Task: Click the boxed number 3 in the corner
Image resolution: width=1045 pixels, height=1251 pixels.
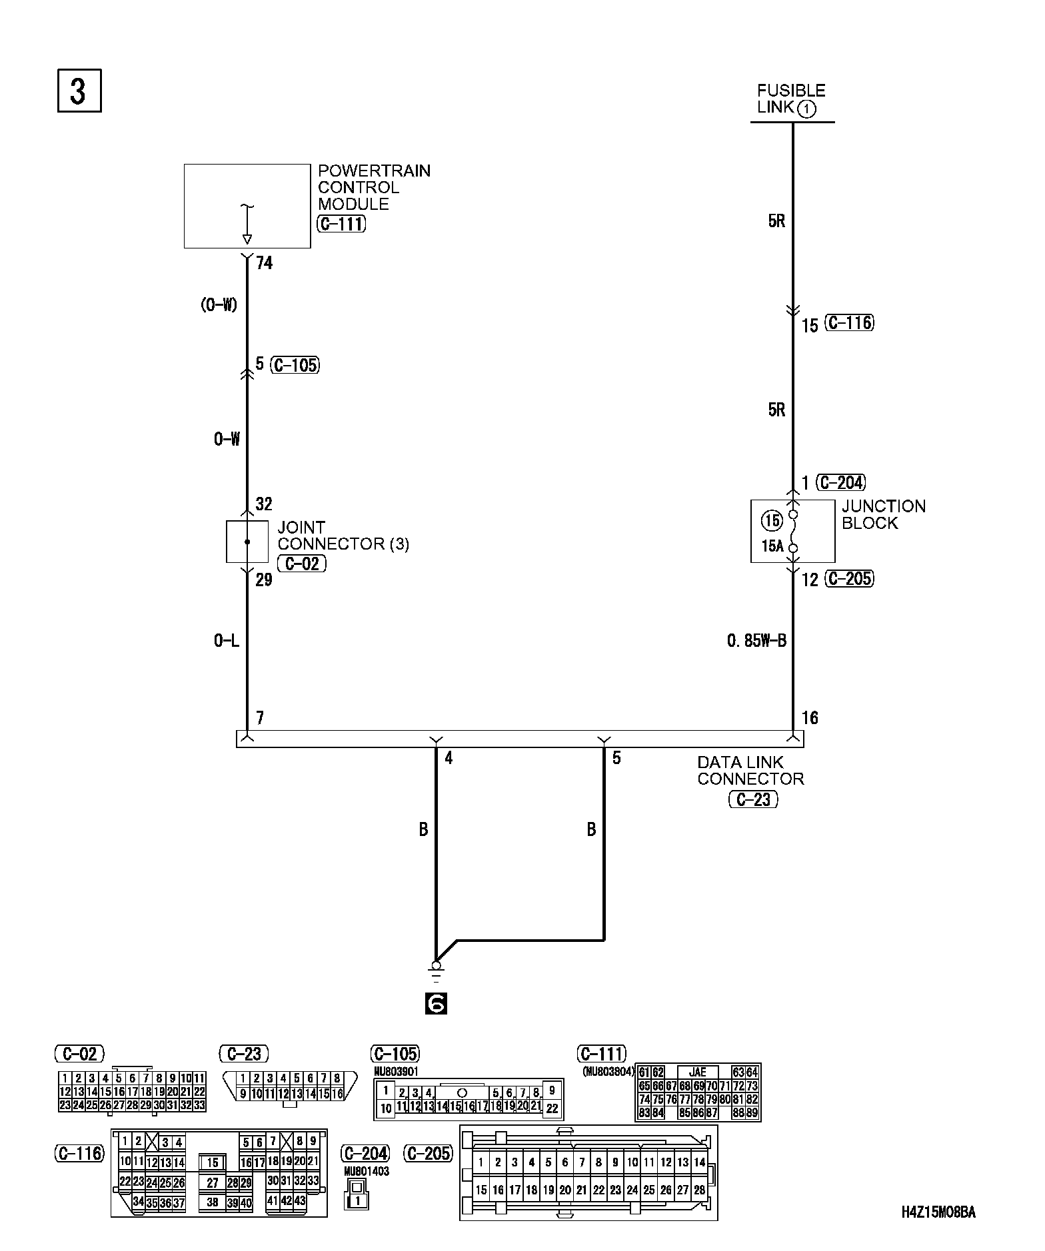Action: click(x=79, y=91)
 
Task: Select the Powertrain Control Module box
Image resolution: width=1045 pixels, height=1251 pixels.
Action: click(x=247, y=207)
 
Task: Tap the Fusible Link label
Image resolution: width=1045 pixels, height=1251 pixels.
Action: click(x=791, y=99)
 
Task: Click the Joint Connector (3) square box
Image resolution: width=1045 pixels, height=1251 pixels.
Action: click(x=247, y=542)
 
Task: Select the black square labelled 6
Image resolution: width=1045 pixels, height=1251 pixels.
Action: click(x=436, y=1003)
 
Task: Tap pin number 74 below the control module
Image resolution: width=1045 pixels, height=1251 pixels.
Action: click(x=265, y=264)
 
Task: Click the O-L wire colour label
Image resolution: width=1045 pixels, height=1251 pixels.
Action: click(x=227, y=641)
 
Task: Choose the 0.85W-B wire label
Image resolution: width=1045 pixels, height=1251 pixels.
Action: click(x=756, y=641)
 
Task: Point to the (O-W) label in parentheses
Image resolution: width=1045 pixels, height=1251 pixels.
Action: click(x=219, y=305)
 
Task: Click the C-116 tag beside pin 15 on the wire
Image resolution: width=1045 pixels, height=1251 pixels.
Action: click(x=849, y=323)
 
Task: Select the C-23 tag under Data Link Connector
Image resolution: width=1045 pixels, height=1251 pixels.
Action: click(x=753, y=799)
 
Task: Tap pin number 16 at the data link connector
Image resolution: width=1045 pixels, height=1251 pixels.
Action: click(x=810, y=718)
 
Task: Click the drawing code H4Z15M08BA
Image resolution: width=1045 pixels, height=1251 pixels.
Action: click(x=938, y=1212)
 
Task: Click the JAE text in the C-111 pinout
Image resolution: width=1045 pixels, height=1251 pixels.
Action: click(x=697, y=1072)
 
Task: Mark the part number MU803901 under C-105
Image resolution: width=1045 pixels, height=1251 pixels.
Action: click(x=397, y=1072)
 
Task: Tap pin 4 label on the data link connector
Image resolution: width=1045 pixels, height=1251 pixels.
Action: click(x=449, y=758)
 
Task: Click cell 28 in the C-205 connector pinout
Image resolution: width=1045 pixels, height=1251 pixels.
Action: click(x=699, y=1190)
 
